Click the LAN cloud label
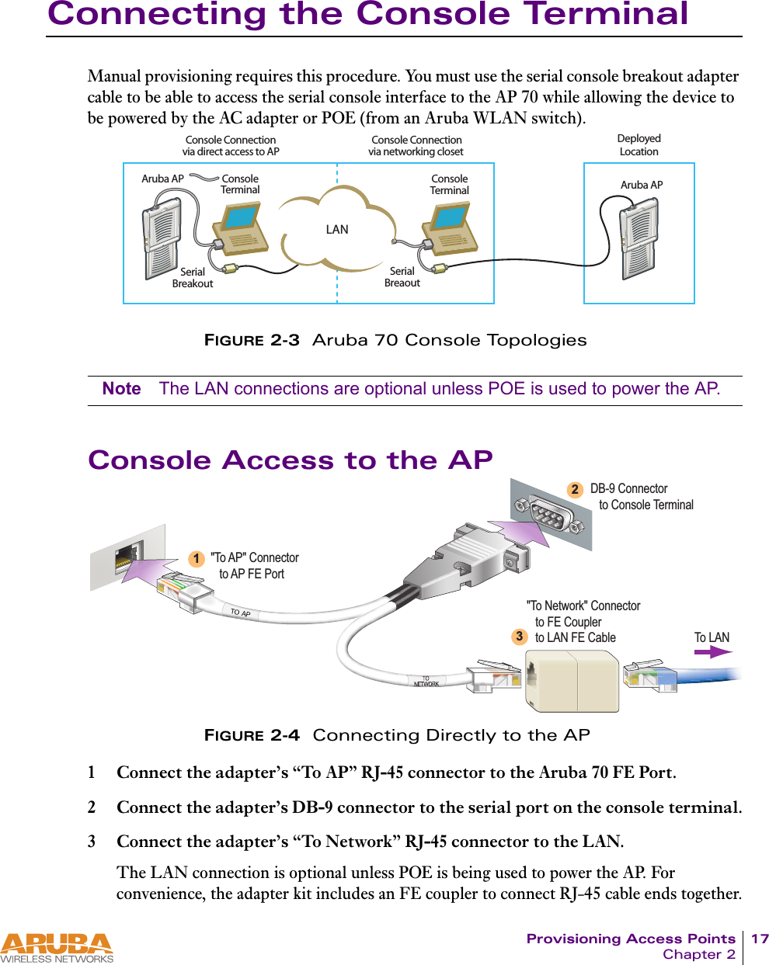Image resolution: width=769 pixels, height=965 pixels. (337, 230)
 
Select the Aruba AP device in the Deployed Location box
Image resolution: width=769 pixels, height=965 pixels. (639, 238)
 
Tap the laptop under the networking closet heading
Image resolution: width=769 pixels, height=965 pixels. (450, 229)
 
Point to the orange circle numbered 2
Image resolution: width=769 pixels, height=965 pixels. (574, 490)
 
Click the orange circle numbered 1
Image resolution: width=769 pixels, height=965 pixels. (197, 559)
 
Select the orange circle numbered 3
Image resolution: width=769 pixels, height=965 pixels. (519, 637)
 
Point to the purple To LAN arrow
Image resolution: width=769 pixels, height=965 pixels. (712, 653)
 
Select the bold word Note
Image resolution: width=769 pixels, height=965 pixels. (121, 389)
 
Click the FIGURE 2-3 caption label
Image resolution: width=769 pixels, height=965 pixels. (251, 340)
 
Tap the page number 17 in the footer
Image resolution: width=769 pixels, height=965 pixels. (759, 939)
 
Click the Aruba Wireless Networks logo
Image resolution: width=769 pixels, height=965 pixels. (57, 948)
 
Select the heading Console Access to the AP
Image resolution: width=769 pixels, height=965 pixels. (290, 460)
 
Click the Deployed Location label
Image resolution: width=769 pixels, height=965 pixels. (639, 145)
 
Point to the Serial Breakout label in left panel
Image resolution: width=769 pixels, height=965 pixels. (193, 278)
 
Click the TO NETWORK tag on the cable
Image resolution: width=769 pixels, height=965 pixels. (426, 682)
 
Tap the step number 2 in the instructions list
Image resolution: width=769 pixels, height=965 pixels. (92, 807)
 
